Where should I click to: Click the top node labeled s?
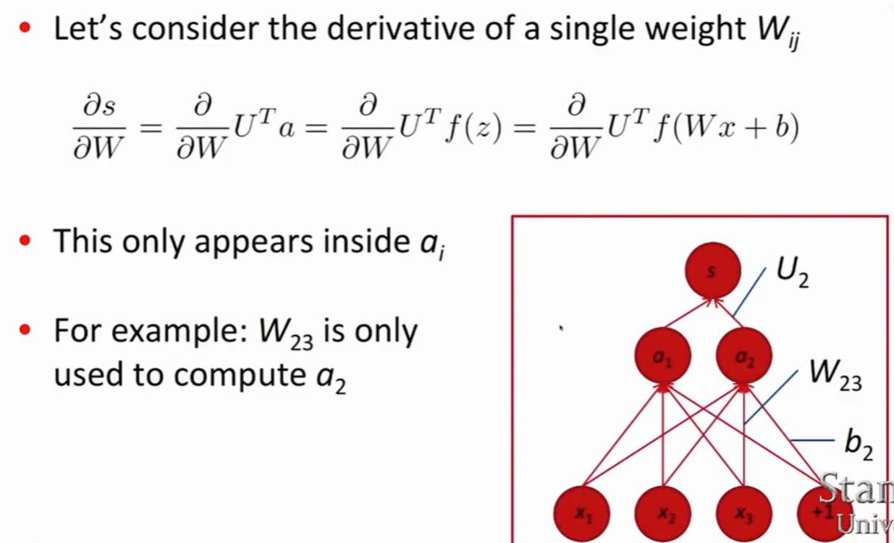(712, 270)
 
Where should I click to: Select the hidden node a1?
(662, 355)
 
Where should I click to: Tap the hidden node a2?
(743, 355)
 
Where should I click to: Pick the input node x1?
(581, 513)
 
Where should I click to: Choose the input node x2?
(662, 513)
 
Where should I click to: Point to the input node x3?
(743, 513)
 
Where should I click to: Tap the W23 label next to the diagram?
(835, 374)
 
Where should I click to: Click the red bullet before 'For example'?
(26, 330)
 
